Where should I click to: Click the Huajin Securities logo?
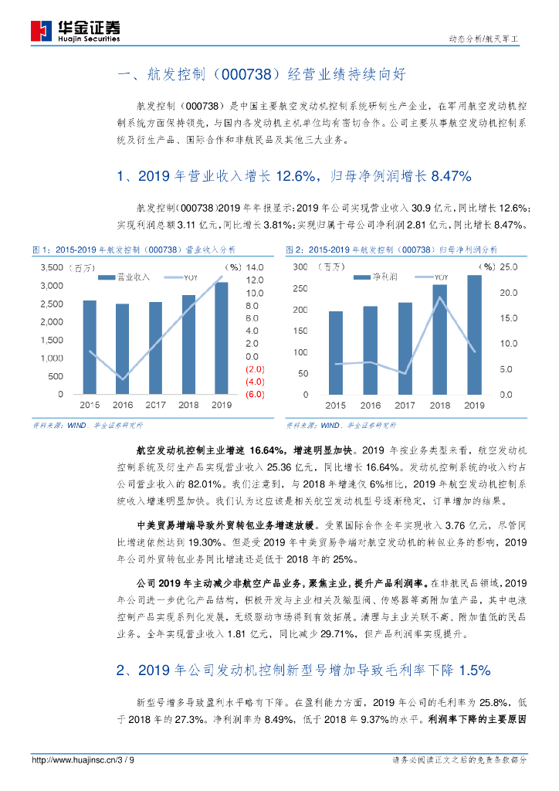click(75, 31)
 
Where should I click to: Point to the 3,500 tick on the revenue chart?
click(51, 267)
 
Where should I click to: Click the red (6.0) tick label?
click(255, 394)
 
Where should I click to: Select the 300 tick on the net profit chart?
click(300, 267)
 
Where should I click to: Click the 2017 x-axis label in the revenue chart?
click(156, 405)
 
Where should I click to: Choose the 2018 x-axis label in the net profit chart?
click(440, 405)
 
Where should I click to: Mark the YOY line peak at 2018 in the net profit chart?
click(439, 297)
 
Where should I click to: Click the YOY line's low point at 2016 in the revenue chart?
click(124, 379)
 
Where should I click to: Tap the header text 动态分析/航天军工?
click(483, 38)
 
